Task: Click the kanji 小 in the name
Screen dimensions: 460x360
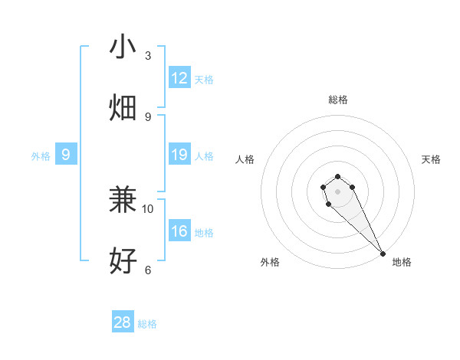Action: tap(123, 47)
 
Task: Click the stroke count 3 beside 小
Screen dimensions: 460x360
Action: tap(148, 56)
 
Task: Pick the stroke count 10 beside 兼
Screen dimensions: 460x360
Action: tap(148, 208)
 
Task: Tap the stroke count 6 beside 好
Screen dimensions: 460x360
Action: tap(148, 270)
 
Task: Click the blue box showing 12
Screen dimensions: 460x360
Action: tap(179, 78)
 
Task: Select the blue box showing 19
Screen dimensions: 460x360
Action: tap(179, 155)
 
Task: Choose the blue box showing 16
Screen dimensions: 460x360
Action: tap(179, 231)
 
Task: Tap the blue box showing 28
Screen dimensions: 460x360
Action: tap(123, 322)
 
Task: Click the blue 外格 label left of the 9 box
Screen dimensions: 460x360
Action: tap(41, 156)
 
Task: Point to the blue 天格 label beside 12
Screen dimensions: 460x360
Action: tap(204, 80)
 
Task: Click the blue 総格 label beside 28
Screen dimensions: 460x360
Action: tap(147, 324)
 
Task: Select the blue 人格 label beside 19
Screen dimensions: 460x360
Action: tap(204, 156)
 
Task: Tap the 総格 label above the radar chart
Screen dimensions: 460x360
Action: tap(337, 100)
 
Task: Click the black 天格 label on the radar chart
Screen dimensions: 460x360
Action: tap(431, 159)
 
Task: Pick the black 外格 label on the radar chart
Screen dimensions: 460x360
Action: tap(270, 262)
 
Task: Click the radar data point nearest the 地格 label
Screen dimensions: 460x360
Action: tap(383, 254)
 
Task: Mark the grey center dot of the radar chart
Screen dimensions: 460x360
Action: tap(337, 191)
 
